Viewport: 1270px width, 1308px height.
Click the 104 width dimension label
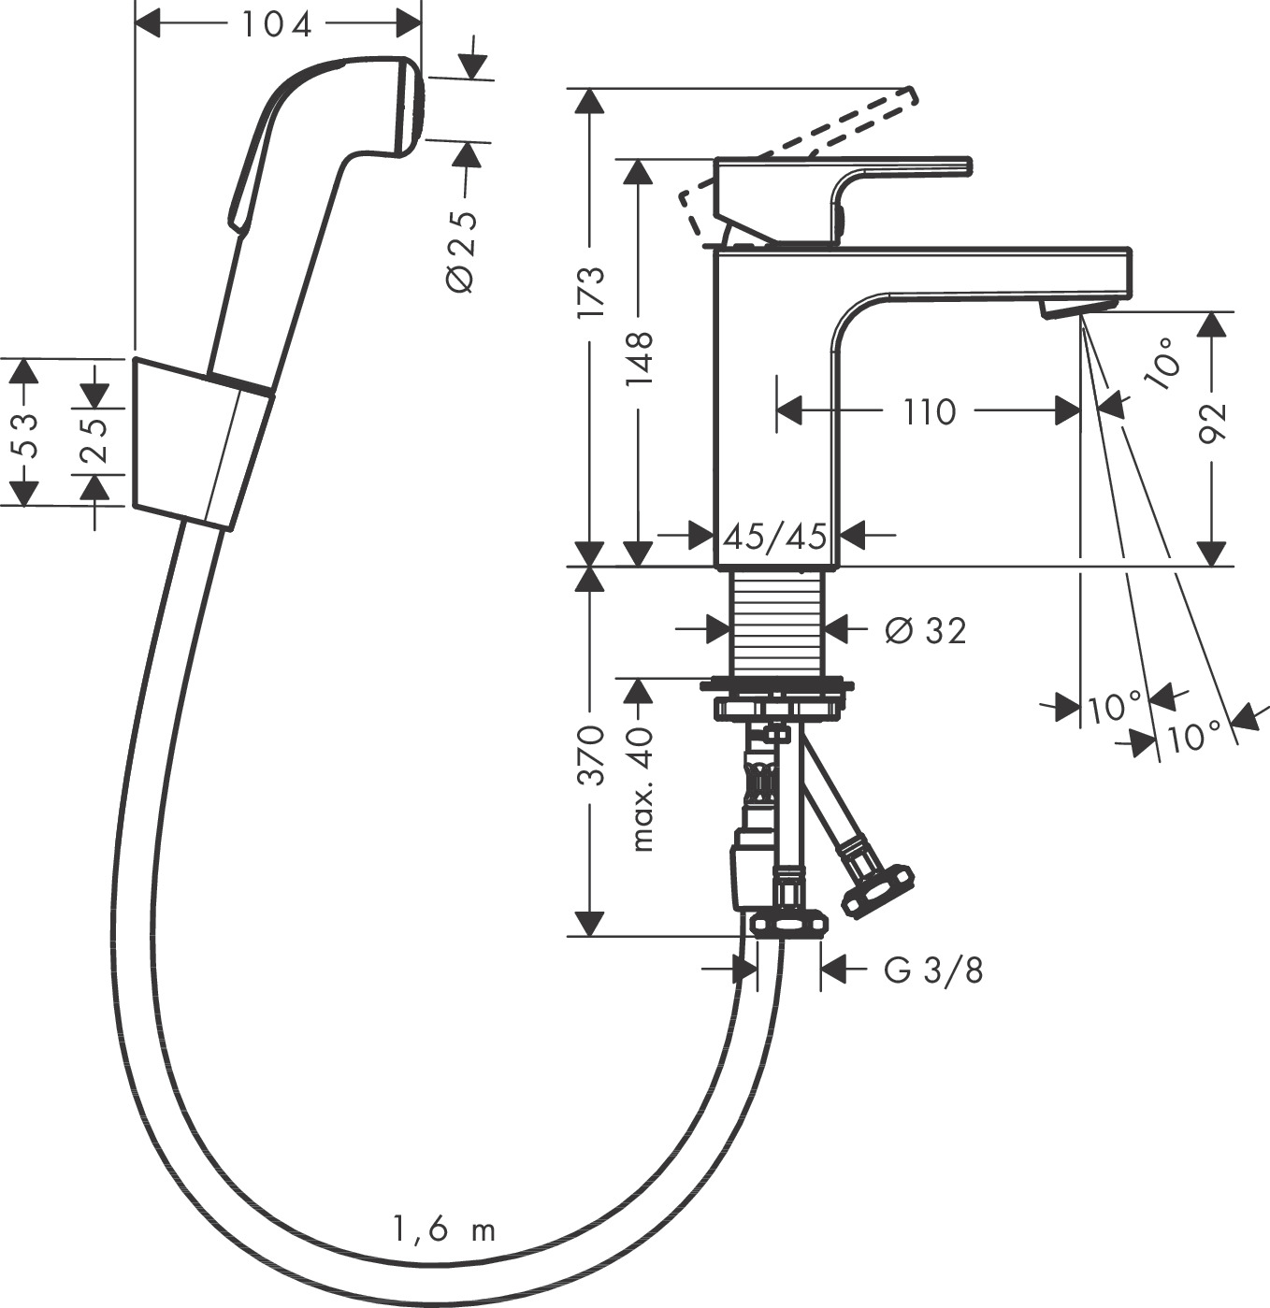pos(277,24)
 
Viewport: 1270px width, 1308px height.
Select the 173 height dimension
pos(591,293)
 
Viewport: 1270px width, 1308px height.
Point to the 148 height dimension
pos(640,358)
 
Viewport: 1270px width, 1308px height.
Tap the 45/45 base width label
pos(775,537)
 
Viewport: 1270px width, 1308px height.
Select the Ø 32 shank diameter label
pos(925,631)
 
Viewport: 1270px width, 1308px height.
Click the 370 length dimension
pos(591,754)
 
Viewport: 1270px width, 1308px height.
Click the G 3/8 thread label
pos(933,971)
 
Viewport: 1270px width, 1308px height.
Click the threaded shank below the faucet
pos(776,621)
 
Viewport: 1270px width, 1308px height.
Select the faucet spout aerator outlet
pos(1077,309)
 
